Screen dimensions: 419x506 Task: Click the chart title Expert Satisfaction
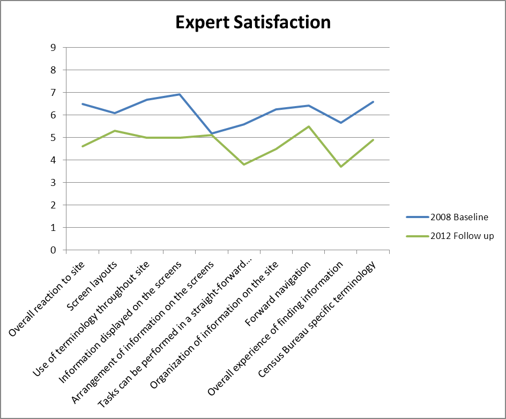click(252, 22)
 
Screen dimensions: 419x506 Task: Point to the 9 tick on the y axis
click(53, 47)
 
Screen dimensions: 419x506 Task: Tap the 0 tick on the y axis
click(53, 250)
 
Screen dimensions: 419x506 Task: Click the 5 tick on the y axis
click(53, 137)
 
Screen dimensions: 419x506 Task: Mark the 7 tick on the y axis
click(53, 92)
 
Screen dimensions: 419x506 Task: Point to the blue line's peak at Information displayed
click(179, 94)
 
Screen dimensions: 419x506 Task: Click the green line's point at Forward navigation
click(309, 126)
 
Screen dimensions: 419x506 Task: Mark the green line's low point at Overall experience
click(341, 167)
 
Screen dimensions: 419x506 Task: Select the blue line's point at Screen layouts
click(114, 113)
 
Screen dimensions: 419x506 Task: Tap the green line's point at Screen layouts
click(114, 131)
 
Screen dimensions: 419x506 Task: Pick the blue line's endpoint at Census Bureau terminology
click(373, 102)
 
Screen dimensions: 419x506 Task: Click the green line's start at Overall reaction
click(82, 146)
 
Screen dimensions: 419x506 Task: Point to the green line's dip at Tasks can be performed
click(244, 164)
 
